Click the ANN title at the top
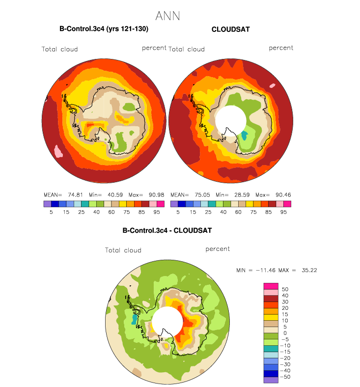click(167, 16)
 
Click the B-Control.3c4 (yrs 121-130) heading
click(104, 29)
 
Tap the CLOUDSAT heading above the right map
click(231, 29)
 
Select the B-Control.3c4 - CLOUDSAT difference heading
click(167, 230)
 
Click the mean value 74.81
click(75, 195)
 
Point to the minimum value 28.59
click(242, 195)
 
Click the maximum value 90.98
click(157, 195)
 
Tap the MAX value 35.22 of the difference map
click(309, 270)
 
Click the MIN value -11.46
click(266, 270)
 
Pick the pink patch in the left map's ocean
click(58, 152)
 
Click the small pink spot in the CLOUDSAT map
click(273, 85)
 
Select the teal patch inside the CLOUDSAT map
click(244, 136)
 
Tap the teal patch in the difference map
click(134, 319)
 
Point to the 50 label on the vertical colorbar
click(285, 289)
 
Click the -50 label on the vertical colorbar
click(285, 377)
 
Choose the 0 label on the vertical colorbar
click(284, 333)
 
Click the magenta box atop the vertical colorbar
click(271, 286)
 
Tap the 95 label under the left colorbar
click(157, 212)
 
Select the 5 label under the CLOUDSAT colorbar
click(178, 212)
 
